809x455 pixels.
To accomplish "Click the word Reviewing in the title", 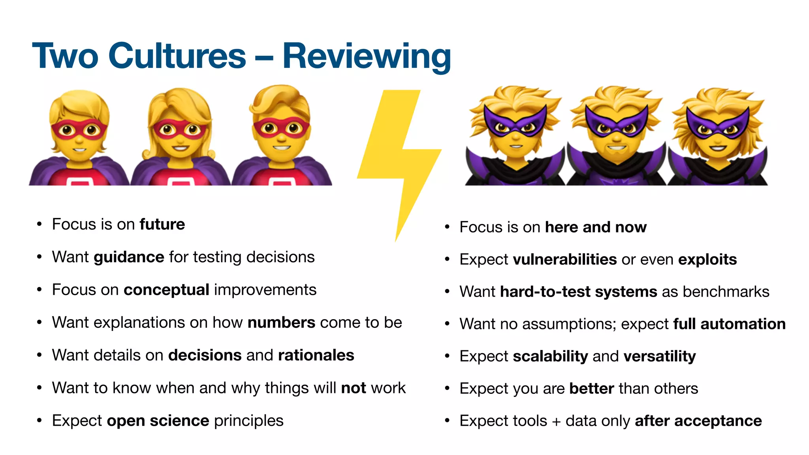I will click(367, 56).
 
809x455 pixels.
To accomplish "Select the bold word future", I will click(162, 224).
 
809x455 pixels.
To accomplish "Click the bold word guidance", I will click(129, 257).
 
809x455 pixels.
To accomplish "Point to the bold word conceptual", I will click(166, 290).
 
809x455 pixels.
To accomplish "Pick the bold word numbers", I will click(281, 323).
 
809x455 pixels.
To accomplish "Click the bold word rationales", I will click(316, 355).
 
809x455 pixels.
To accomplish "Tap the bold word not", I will click(354, 388).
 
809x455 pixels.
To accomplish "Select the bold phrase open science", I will click(158, 421).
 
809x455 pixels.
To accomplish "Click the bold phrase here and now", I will click(596, 227).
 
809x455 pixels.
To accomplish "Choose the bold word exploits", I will click(707, 259).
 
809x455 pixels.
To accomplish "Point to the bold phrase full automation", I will click(729, 324).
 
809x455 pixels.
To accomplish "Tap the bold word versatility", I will click(660, 356).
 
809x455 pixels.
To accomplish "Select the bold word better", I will click(591, 389).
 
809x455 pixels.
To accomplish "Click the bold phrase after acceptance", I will click(698, 421).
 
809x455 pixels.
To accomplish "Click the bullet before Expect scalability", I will click(447, 356).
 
